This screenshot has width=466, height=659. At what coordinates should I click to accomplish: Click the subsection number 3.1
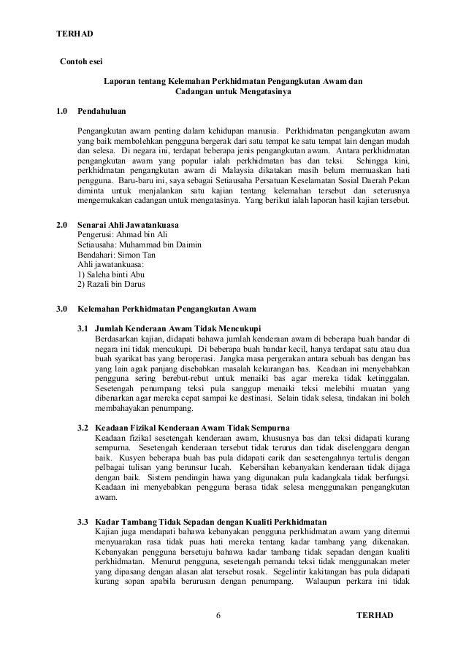tap(83, 327)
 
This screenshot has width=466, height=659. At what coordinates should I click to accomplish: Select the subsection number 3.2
tap(83, 425)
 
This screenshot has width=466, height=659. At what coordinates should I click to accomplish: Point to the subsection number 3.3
tap(83, 523)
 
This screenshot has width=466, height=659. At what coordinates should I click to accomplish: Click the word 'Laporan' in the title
tap(119, 82)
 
